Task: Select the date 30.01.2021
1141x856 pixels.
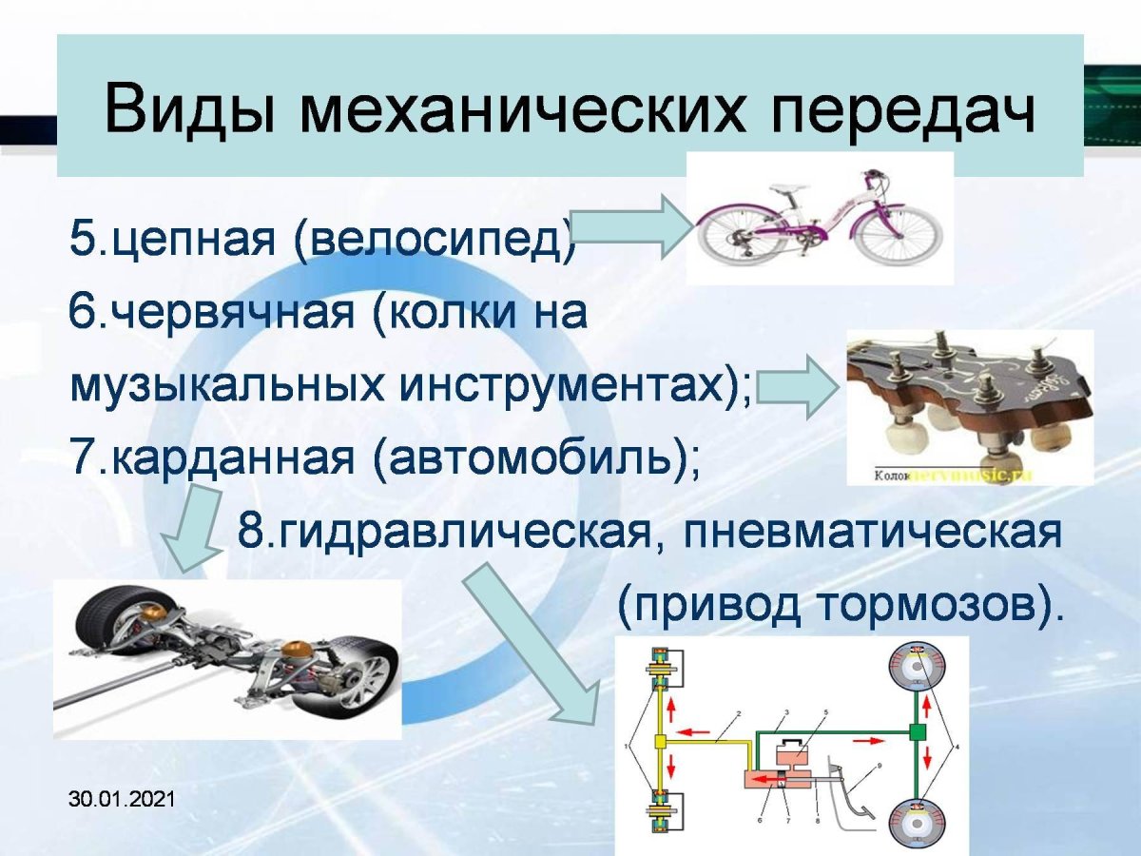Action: tap(122, 800)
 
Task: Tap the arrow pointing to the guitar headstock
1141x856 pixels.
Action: tap(799, 386)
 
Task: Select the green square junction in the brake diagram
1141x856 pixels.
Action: tap(917, 732)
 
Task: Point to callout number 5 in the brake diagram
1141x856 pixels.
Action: tap(826, 711)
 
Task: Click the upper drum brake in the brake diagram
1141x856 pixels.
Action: tap(917, 671)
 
